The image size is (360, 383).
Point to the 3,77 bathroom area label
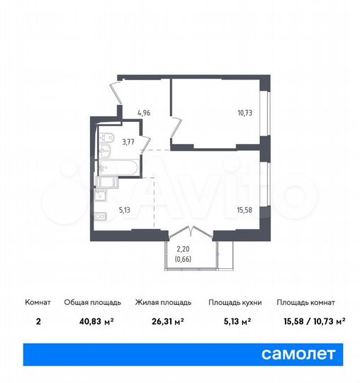pyautogui.click(x=129, y=142)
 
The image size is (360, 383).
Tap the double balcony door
pyautogui.click(x=190, y=234)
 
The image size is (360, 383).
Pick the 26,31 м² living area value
pyautogui.click(x=159, y=321)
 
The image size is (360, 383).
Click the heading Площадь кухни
pyautogui.click(x=235, y=302)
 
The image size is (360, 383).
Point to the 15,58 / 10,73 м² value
pyautogui.click(x=310, y=321)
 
